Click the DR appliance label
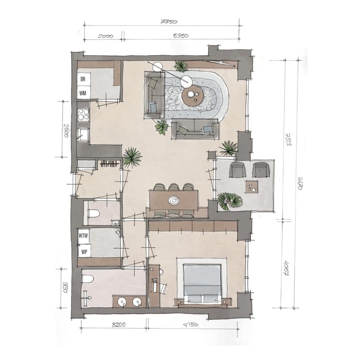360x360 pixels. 83,79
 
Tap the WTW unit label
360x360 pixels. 84,235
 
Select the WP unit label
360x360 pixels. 83,250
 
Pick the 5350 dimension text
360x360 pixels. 181,36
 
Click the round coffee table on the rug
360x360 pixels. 192,96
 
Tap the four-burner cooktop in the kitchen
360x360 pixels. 83,115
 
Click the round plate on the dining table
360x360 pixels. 173,200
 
